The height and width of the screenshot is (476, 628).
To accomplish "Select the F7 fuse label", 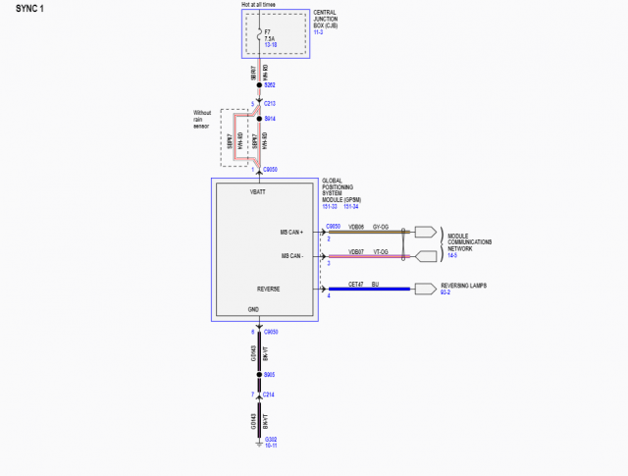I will coord(270,31).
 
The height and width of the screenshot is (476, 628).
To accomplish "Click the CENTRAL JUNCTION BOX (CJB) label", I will coord(330,21).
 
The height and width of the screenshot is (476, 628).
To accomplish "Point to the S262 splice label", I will coord(271,85).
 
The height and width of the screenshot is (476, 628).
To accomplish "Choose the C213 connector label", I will coord(271,103).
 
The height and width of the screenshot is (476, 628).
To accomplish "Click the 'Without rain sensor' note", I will coord(203,119).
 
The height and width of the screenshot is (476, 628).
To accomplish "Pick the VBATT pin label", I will coord(259,191).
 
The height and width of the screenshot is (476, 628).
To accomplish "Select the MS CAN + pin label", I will coord(292,233).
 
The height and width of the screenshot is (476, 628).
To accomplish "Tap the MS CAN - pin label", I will coord(292,257).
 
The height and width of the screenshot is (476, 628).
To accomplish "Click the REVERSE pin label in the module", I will coord(269,290).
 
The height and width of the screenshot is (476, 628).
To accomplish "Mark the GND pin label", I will coord(254,310).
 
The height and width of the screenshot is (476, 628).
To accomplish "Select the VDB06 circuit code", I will coord(356,227).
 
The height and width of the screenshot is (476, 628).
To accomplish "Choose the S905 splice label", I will coord(269,374).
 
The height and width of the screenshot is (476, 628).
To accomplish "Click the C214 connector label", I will coord(269,394).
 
